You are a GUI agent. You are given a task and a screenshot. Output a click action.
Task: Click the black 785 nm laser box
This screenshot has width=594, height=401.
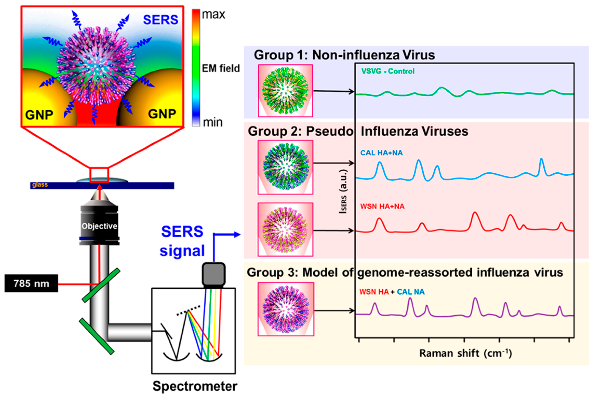31,283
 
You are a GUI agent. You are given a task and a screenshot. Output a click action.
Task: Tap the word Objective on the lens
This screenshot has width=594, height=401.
99,226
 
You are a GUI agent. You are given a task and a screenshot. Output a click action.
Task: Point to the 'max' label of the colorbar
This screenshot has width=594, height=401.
213,14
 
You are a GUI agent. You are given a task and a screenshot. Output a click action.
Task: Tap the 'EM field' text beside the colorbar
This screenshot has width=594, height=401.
221,68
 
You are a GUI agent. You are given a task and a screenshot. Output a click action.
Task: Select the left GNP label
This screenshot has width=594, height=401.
39,115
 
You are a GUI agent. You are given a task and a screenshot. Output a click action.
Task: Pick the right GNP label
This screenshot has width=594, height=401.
162,114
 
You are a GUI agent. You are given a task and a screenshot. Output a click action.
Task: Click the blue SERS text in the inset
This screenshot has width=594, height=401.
160,20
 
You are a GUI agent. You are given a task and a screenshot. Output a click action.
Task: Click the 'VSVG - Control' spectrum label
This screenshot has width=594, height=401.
388,71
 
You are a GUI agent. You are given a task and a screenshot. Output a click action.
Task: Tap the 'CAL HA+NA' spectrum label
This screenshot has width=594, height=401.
381,153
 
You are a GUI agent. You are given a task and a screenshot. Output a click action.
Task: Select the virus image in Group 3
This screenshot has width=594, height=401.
286,309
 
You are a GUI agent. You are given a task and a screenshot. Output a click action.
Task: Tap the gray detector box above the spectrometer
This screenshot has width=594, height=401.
213,275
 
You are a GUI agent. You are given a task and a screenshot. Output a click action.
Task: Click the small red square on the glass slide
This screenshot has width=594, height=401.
99,175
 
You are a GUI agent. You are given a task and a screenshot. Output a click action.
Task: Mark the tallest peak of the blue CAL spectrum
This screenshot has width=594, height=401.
541,159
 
